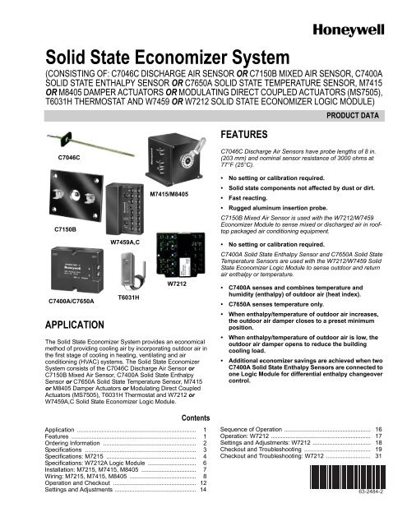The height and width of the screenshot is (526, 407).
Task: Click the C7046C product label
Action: point(70,154)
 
